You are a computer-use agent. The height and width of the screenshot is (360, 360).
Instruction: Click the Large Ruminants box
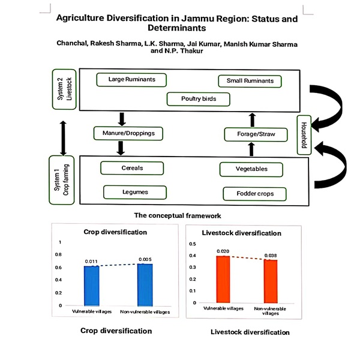click(x=131, y=79)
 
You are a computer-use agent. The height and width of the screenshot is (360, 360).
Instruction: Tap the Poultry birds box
click(x=191, y=98)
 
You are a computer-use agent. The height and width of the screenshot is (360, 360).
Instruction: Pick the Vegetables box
click(x=251, y=169)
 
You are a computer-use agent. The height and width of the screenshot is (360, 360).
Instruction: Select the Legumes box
click(x=134, y=192)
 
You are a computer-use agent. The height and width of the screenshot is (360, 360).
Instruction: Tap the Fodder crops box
click(x=254, y=194)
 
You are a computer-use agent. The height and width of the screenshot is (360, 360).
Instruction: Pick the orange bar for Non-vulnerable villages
click(x=271, y=282)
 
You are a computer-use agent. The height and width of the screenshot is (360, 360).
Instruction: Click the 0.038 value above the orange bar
click(x=274, y=254)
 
